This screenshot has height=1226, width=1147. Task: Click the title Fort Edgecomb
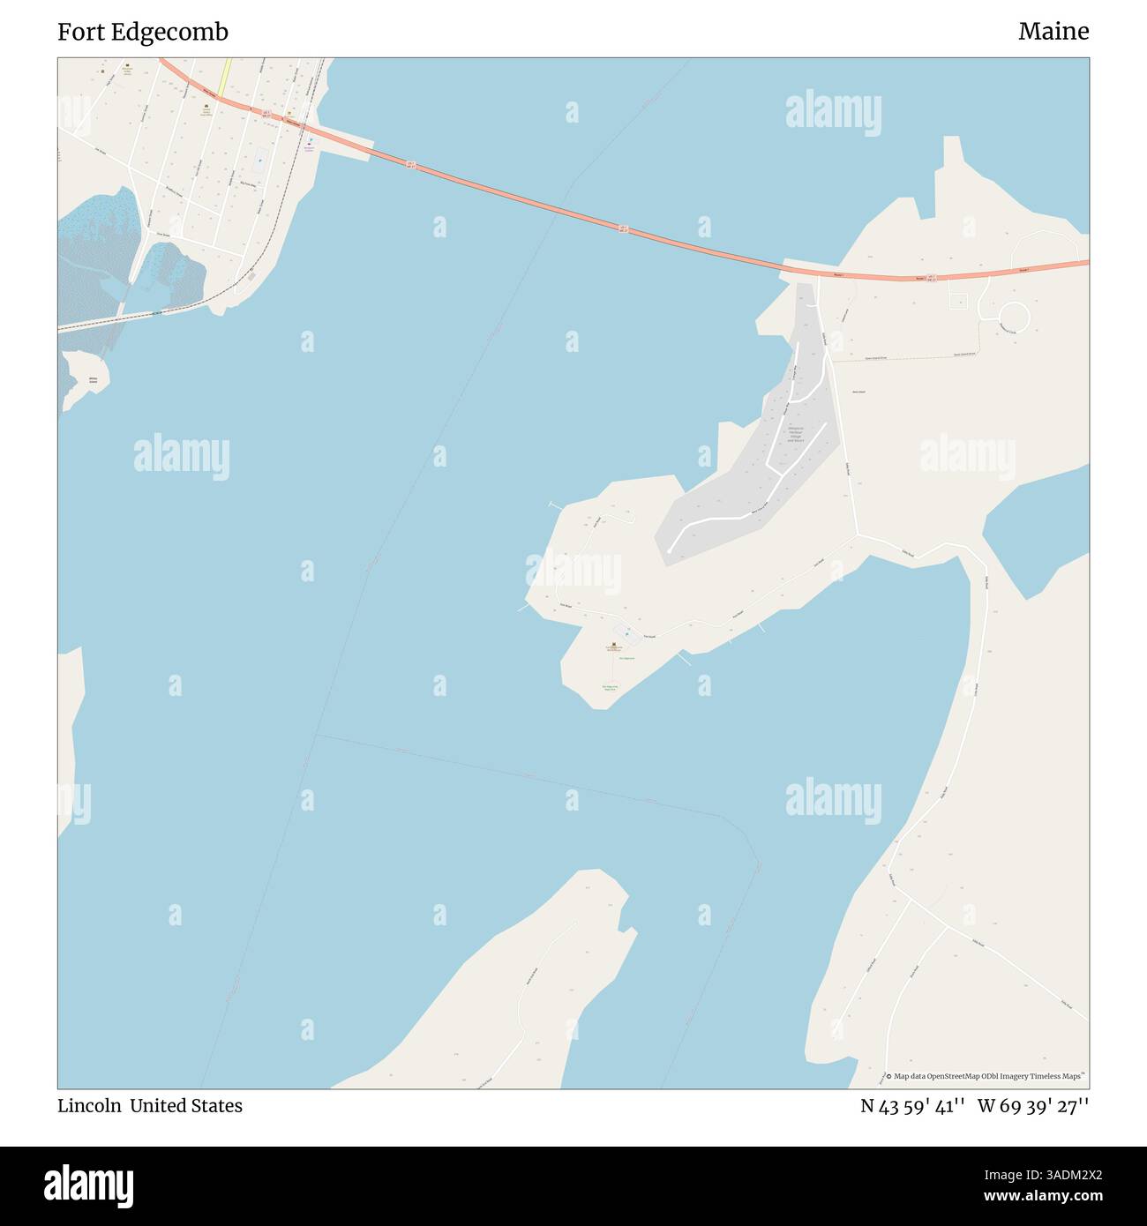(x=143, y=32)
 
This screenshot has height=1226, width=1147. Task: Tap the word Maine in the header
(x=1053, y=32)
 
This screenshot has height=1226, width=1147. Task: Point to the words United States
(x=186, y=1106)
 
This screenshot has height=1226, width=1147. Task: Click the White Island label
(x=93, y=380)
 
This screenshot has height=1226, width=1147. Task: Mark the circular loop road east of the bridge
(x=1015, y=316)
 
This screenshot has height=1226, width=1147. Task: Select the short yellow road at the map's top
(x=226, y=74)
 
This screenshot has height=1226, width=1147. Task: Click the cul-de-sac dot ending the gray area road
(x=670, y=552)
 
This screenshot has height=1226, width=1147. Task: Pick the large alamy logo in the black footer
(x=88, y=1184)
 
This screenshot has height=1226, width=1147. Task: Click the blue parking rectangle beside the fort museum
(x=626, y=632)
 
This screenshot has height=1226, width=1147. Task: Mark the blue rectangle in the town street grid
(x=259, y=161)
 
